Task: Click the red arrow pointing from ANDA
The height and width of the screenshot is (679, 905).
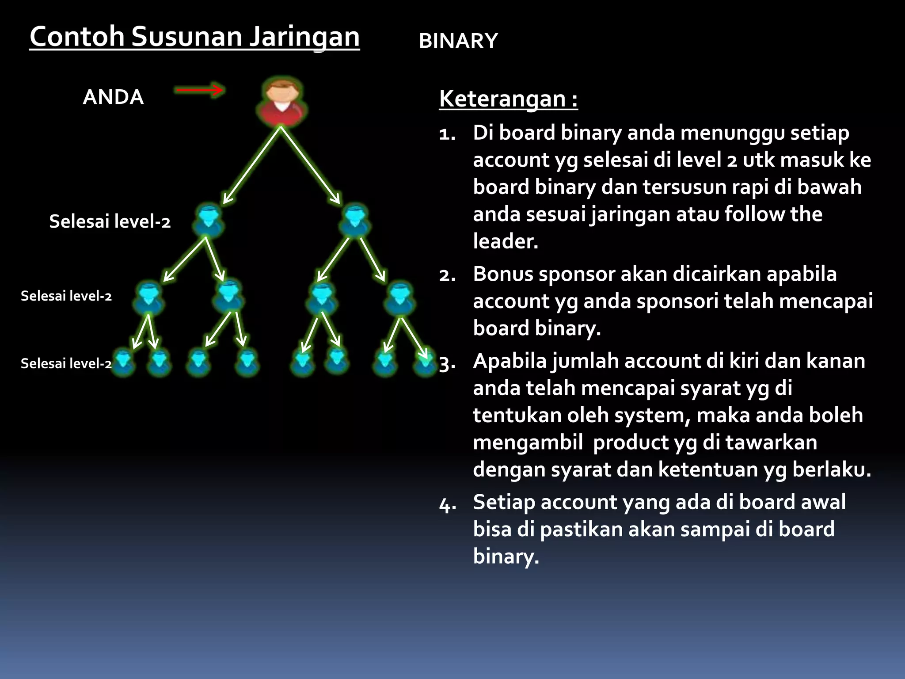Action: pos(200,91)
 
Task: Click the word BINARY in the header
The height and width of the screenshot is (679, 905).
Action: pos(458,41)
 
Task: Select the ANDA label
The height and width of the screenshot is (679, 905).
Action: pos(113,97)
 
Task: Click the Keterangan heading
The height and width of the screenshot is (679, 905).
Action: pos(508,99)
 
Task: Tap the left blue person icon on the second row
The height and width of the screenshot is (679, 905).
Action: pos(208,220)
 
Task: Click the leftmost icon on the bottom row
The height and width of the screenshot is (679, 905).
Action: pos(123,362)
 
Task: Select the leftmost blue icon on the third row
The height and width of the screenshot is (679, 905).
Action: pos(149,297)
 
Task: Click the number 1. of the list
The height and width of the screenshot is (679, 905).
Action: pos(447,134)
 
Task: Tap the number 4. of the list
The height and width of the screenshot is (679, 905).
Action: pos(447,504)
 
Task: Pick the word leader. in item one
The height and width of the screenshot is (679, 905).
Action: pos(506,241)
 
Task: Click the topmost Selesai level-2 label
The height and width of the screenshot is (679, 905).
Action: pos(110,221)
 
